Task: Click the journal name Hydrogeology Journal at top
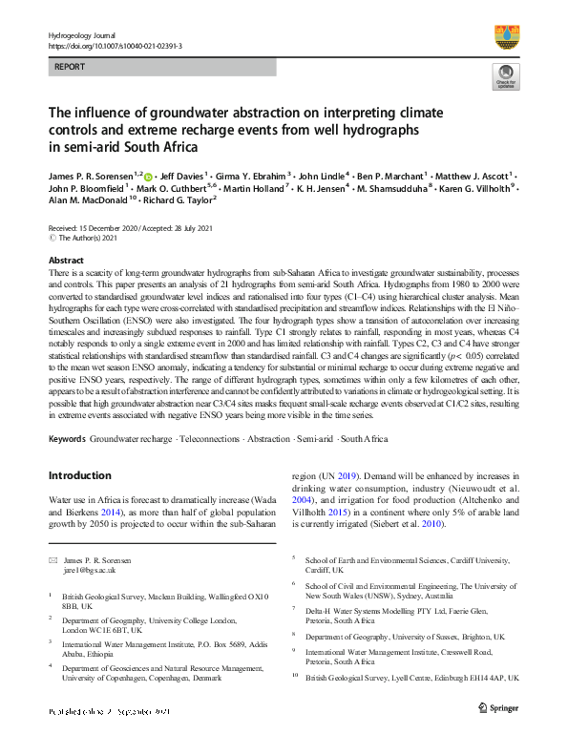click(80, 35)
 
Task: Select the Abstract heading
click(65, 260)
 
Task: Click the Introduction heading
click(79, 475)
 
